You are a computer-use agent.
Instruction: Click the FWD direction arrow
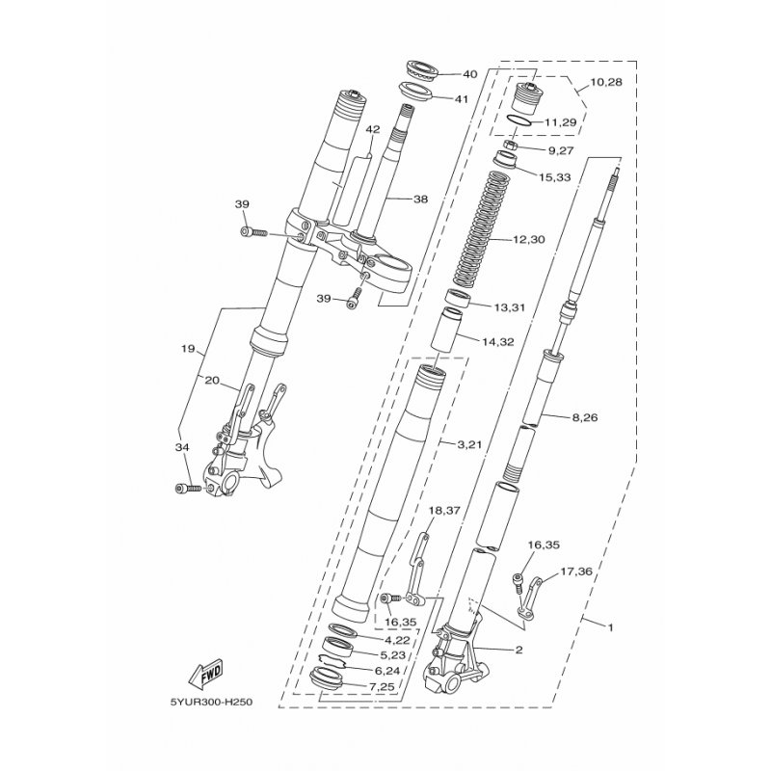[205, 673]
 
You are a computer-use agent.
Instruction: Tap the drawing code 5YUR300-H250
[211, 702]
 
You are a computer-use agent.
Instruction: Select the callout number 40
[470, 74]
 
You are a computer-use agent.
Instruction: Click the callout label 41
[461, 99]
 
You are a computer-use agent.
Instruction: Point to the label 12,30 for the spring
[528, 239]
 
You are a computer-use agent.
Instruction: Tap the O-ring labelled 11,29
[520, 120]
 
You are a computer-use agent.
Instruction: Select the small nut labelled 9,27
[511, 146]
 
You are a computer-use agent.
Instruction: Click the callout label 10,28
[606, 82]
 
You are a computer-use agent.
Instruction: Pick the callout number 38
[420, 199]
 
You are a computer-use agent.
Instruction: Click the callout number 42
[373, 129]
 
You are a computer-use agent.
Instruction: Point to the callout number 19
[188, 350]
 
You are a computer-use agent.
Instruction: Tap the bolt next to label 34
[188, 489]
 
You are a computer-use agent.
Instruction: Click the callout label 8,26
[585, 417]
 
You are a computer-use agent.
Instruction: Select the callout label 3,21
[469, 444]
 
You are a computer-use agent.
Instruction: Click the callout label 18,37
[444, 511]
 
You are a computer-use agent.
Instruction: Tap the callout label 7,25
[381, 686]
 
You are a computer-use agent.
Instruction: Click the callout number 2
[518, 650]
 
